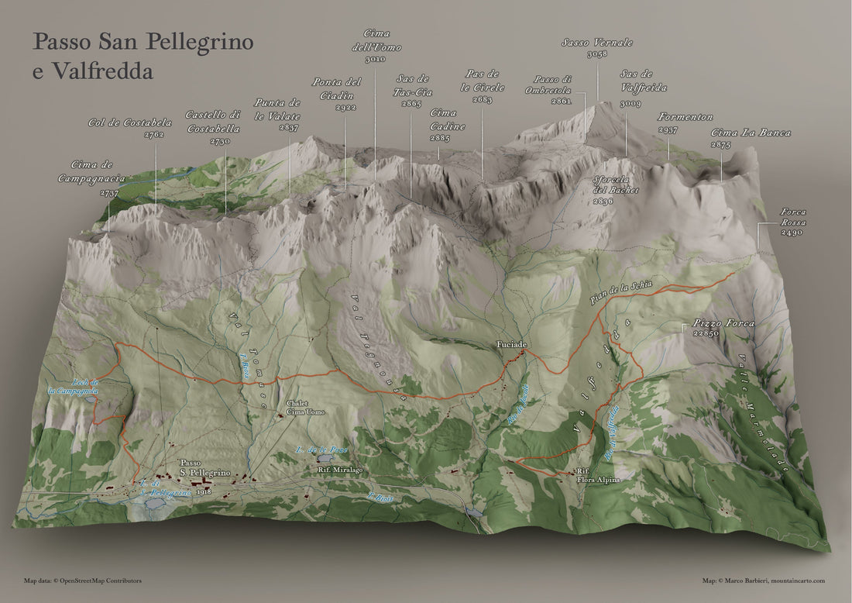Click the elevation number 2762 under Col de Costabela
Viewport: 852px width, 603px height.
click(154, 135)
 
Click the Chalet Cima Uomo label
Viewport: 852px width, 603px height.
click(301, 408)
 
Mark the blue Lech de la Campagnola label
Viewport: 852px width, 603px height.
click(74, 387)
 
